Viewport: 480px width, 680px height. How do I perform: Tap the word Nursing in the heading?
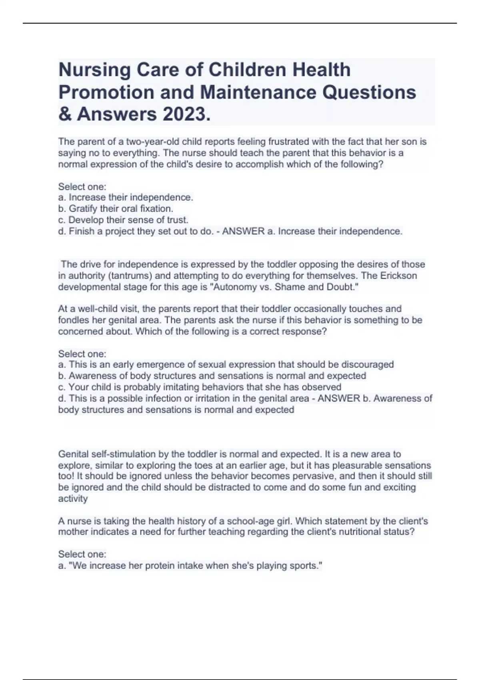(x=94, y=70)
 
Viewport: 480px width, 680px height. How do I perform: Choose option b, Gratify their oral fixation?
(x=116, y=209)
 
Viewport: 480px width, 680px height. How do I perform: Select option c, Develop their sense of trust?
(x=123, y=220)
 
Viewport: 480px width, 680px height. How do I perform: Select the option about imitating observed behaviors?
(x=200, y=387)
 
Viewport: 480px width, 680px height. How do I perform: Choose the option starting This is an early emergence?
(x=226, y=365)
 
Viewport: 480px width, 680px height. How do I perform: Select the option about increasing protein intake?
(x=190, y=566)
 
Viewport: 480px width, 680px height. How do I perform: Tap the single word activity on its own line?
(x=73, y=499)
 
